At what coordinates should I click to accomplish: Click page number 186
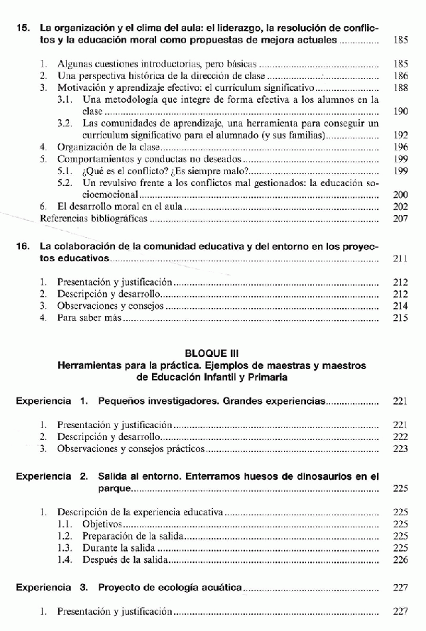point(400,75)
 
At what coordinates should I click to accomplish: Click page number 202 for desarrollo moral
point(400,207)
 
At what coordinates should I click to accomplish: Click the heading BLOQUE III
point(212,353)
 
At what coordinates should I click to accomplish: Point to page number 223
point(400,449)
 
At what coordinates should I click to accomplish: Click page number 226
point(400,561)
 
